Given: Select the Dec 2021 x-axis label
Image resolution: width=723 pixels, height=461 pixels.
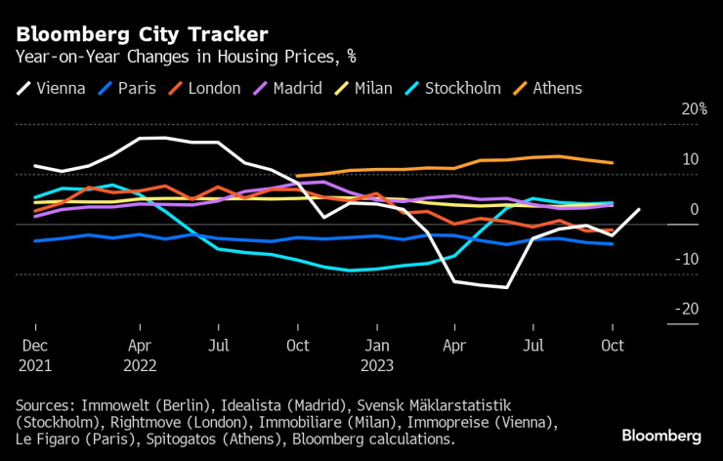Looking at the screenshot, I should pyautogui.click(x=35, y=355).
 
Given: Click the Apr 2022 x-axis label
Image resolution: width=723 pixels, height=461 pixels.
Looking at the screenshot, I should pyautogui.click(x=140, y=355).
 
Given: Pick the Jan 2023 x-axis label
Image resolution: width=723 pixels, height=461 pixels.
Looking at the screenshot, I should pyautogui.click(x=377, y=355).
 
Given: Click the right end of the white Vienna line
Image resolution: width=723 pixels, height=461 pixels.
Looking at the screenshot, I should pyautogui.click(x=639, y=209).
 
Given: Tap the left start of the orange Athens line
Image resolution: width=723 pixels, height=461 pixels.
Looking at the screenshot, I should pyautogui.click(x=296, y=176).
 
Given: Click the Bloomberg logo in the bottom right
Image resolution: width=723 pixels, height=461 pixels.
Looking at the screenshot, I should pyautogui.click(x=662, y=436).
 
